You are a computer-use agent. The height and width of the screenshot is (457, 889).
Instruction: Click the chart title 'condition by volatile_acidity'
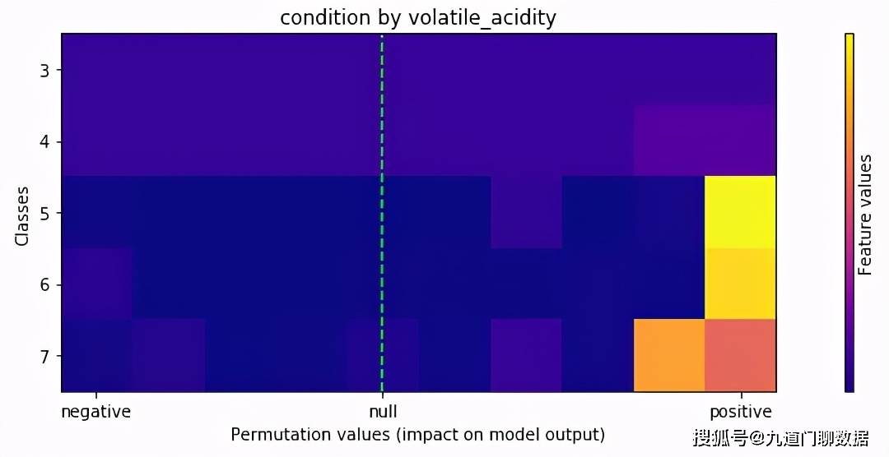(x=418, y=18)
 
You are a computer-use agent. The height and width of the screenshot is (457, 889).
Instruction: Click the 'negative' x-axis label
(x=95, y=412)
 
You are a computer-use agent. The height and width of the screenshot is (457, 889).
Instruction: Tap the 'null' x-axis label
(x=381, y=412)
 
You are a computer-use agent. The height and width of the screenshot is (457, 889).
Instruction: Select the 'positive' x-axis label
(x=741, y=412)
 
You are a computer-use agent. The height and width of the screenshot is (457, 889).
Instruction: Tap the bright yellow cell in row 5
(x=741, y=212)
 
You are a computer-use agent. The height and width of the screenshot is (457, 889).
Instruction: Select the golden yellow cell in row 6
(x=741, y=284)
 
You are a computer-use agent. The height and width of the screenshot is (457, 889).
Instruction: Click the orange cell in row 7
(x=669, y=355)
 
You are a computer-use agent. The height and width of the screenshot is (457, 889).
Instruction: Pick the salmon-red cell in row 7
(x=741, y=355)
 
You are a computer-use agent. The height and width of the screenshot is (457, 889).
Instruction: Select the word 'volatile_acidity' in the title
(x=482, y=18)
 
